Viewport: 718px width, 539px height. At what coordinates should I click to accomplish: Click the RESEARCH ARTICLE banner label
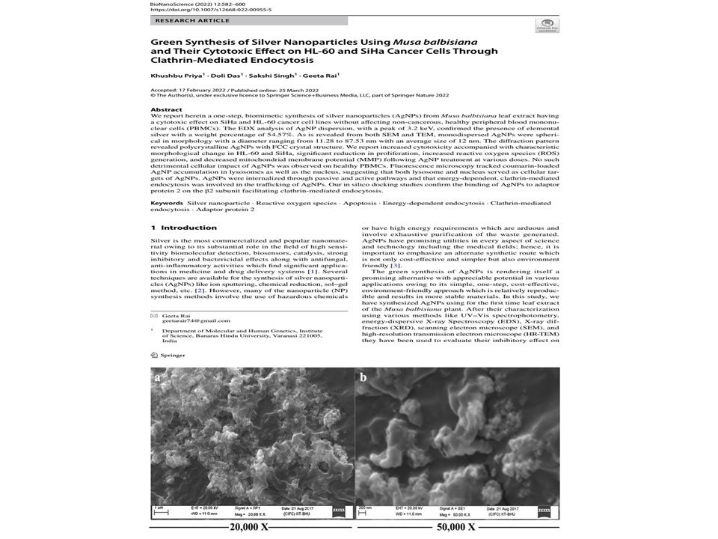tap(182, 22)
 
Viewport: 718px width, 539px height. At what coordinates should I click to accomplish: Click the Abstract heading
tap(165, 109)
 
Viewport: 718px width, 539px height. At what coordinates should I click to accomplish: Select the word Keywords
tap(167, 203)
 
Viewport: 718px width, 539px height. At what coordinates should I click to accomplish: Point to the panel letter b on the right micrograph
tap(363, 377)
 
